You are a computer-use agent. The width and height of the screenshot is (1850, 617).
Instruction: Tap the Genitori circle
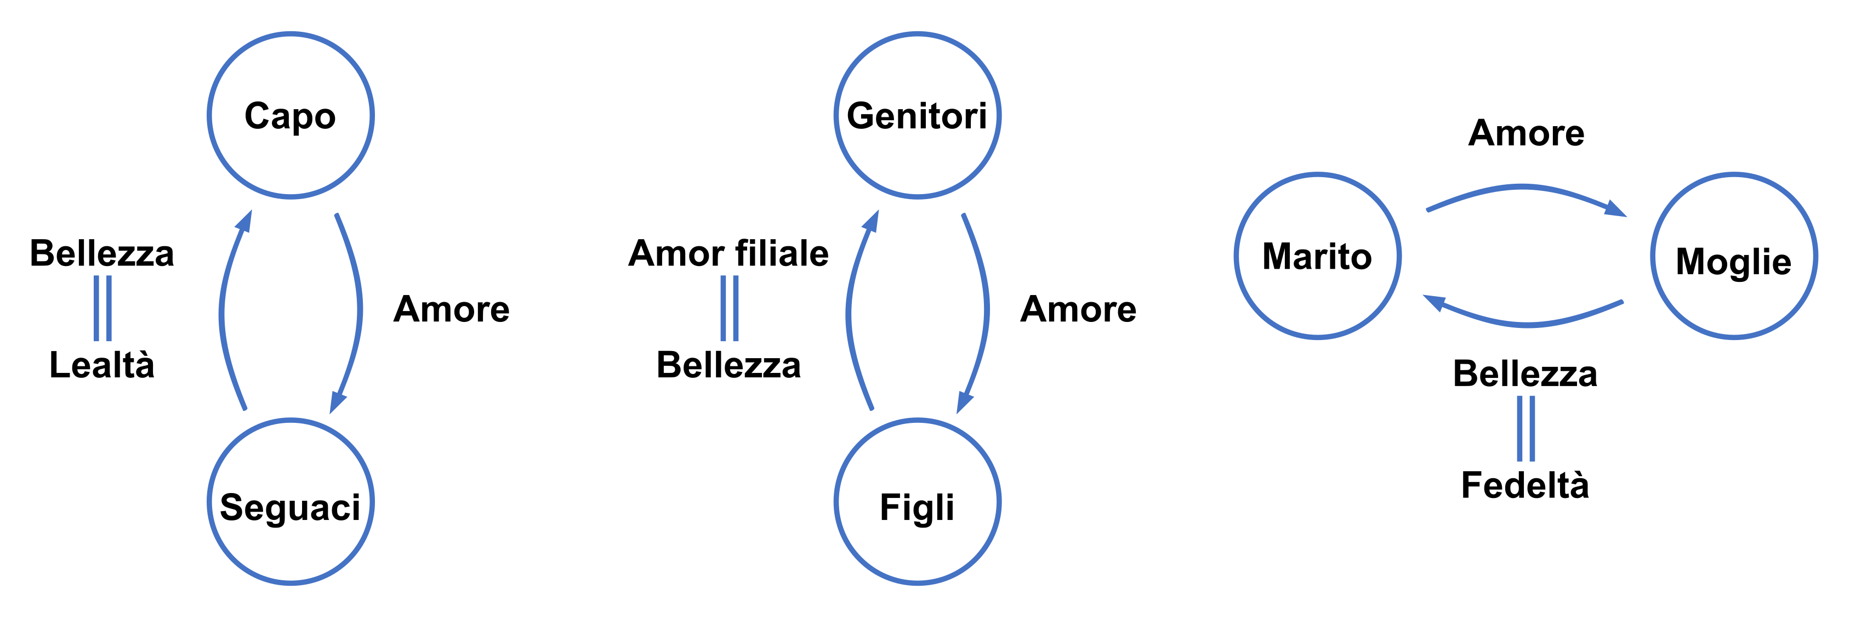[917, 115]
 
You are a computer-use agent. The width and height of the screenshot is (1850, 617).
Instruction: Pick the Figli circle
[917, 501]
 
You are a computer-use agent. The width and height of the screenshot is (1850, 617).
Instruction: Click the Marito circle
[1317, 256]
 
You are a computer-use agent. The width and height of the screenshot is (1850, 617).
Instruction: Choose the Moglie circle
[1734, 256]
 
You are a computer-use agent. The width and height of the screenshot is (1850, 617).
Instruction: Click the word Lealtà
[102, 365]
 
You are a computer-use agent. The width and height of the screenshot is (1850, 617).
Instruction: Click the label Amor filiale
[728, 253]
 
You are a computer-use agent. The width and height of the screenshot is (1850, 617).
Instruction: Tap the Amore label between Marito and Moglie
[1526, 133]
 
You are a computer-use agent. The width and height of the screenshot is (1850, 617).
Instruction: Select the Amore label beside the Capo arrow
[452, 309]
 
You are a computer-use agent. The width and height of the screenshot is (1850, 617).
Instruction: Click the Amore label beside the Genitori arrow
[1078, 309]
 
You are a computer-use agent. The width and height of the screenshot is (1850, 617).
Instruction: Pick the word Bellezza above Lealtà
[102, 253]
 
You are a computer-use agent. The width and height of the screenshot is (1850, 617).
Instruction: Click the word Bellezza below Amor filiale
[728, 365]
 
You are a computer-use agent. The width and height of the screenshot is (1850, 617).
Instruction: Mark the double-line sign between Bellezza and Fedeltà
[1525, 429]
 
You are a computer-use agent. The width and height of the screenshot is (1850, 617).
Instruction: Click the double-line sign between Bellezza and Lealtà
[103, 308]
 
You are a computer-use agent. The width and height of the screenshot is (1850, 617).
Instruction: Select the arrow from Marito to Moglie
[1523, 189]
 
